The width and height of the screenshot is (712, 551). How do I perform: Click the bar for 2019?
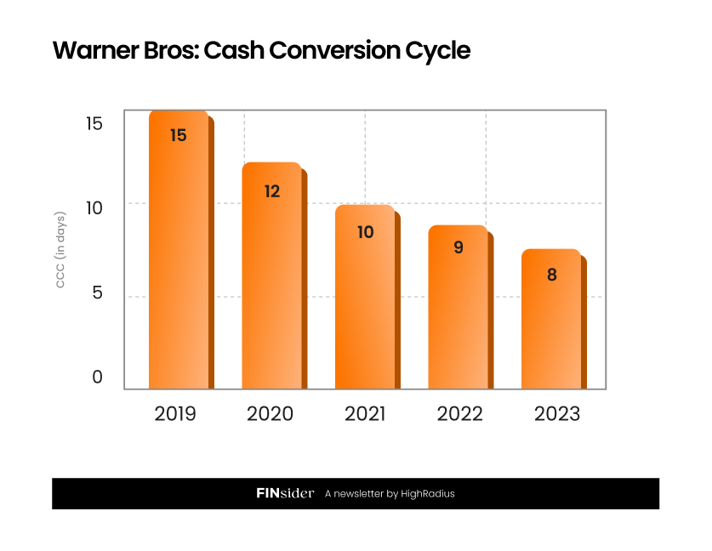coord(178,255)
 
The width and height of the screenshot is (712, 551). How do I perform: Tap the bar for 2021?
coord(364,302)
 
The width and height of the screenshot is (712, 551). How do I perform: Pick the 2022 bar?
coord(458,310)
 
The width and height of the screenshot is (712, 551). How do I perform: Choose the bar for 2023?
coord(550,323)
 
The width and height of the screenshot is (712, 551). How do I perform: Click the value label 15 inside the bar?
coord(178,135)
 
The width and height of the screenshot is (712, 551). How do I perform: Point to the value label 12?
coord(271,191)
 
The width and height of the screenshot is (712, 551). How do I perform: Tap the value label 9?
coord(459,247)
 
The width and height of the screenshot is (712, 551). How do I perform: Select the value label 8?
coord(551,275)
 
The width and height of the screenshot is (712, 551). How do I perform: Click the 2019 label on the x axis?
coord(175,414)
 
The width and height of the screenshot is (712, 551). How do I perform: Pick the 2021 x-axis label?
coord(364,414)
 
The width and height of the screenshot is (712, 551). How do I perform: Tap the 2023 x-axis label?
coord(556,414)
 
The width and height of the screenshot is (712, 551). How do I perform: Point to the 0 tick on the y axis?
coord(97,377)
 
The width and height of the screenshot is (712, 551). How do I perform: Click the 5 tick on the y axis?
coord(97,293)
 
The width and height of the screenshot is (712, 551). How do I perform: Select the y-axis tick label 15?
coord(94,124)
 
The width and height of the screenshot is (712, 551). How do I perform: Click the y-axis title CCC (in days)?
coord(60,249)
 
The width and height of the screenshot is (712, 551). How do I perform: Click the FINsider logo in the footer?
coord(285,493)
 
